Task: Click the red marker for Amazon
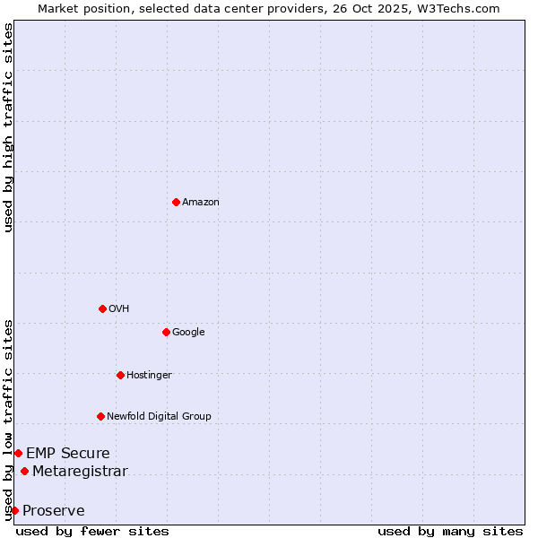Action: (x=176, y=202)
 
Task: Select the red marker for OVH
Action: (x=102, y=308)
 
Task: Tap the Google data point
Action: (x=166, y=332)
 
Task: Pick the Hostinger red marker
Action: (x=120, y=375)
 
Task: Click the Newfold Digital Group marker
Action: (x=100, y=416)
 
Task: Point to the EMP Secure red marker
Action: (x=18, y=453)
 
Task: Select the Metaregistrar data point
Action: (x=24, y=472)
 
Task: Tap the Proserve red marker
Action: (x=14, y=510)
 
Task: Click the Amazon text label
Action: (x=201, y=203)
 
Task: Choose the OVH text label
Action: (x=119, y=309)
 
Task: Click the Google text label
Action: (x=188, y=333)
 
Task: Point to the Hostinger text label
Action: (x=149, y=376)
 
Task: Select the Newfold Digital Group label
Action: (x=160, y=417)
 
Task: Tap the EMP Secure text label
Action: (x=68, y=454)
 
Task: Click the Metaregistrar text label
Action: (x=80, y=472)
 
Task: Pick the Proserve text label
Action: (x=54, y=511)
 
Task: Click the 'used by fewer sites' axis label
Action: (x=92, y=531)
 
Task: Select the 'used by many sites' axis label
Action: (x=450, y=531)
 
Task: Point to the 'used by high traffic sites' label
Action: (x=8, y=127)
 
